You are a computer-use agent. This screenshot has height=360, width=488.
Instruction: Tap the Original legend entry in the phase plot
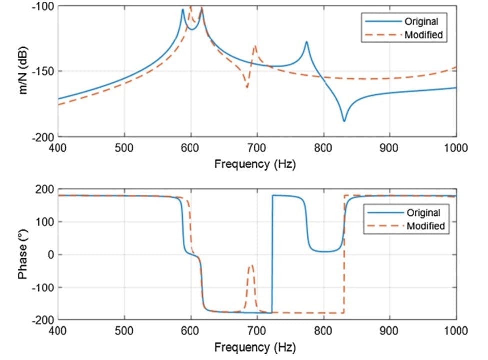point(423,213)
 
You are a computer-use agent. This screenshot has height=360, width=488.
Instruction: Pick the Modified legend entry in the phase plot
point(426,226)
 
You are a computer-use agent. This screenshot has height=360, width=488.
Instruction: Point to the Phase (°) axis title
point(23,255)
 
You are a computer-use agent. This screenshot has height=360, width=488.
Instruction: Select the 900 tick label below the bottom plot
point(390,331)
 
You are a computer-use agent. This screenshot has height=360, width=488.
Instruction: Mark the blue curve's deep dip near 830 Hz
point(344,121)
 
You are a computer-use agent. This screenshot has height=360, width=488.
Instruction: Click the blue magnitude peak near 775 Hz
point(306,42)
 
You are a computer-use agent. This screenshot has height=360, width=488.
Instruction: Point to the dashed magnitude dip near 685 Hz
point(247,88)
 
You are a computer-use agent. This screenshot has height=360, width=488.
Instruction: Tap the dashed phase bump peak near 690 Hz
point(251,266)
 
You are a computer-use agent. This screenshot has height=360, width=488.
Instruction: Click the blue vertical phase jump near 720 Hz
point(272,255)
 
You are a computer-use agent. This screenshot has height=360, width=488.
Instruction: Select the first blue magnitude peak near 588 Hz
point(183,10)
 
